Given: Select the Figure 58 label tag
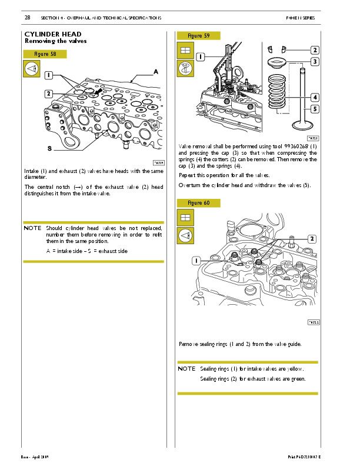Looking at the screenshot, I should [45, 54].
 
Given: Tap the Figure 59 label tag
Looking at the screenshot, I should [198, 36].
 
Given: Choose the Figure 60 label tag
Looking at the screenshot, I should [198, 203].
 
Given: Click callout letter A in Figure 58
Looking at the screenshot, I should [156, 71].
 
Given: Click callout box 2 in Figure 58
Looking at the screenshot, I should [48, 94].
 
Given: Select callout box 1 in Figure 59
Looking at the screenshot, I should [200, 57].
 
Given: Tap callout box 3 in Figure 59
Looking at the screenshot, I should [315, 61].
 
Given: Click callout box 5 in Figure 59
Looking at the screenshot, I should [315, 109].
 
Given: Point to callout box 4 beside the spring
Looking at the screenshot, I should [315, 97].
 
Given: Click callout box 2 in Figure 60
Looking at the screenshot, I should [311, 238].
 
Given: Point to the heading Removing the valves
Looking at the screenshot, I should [55, 41].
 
